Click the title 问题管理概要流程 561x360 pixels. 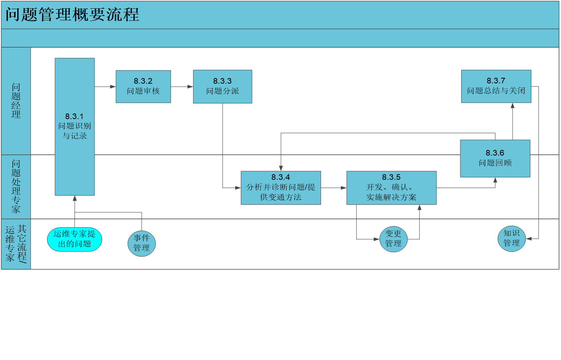[x=73, y=14]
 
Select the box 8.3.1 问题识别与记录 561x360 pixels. [x=75, y=127]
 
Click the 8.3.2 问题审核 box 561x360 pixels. [x=143, y=87]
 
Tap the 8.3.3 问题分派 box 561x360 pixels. [x=222, y=87]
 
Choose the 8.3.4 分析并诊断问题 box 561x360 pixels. [x=281, y=188]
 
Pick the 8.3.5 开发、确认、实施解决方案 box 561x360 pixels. [x=391, y=188]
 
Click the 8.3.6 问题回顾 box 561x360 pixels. [x=495, y=159]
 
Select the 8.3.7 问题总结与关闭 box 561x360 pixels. [x=496, y=87]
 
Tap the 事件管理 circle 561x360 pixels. [x=141, y=243]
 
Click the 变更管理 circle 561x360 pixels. [x=393, y=239]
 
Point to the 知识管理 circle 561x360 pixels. [x=511, y=239]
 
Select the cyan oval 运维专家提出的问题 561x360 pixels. [x=75, y=239]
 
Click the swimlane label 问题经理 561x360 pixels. [x=16, y=101]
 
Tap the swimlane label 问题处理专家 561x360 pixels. [x=16, y=187]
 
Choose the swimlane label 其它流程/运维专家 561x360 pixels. [x=16, y=244]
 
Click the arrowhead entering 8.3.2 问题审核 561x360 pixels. [x=113, y=87]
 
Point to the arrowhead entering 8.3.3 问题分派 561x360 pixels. [x=190, y=87]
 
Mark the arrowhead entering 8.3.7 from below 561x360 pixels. [x=513, y=106]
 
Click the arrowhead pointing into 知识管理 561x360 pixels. [x=529, y=239]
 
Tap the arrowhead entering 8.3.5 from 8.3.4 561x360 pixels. [x=344, y=188]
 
